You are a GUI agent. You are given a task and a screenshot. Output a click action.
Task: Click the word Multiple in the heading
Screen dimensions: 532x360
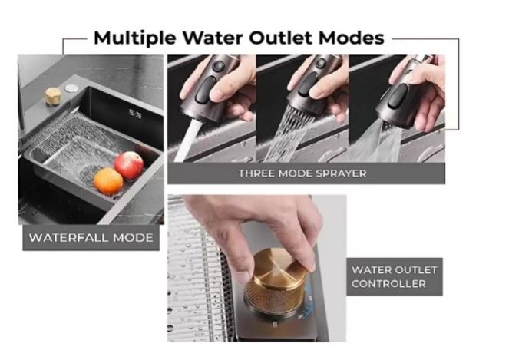click(134, 38)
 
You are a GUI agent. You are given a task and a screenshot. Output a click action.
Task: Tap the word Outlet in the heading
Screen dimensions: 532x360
click(283, 38)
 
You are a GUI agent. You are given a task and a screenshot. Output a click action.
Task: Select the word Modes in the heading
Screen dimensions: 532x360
click(352, 38)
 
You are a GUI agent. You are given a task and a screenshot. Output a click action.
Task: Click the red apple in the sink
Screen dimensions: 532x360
click(129, 165)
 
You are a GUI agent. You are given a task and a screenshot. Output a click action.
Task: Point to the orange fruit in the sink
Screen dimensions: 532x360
click(108, 181)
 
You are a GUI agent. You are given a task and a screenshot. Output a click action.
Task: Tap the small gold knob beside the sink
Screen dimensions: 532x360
click(53, 96)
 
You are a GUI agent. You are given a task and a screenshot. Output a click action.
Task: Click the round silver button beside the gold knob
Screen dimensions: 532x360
click(71, 88)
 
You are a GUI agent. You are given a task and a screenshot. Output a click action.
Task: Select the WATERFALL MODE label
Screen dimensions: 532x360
click(91, 237)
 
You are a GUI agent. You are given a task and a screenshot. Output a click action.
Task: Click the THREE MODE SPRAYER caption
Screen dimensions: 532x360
click(302, 173)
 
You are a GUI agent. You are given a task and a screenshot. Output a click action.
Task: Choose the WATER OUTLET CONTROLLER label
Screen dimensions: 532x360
click(395, 277)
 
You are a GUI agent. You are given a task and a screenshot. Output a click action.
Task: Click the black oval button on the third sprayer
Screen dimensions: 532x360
click(397, 96)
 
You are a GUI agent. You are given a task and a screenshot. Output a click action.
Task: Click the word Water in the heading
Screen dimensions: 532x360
click(213, 38)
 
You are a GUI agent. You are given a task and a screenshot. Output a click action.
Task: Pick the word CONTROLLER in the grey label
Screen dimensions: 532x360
click(388, 284)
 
